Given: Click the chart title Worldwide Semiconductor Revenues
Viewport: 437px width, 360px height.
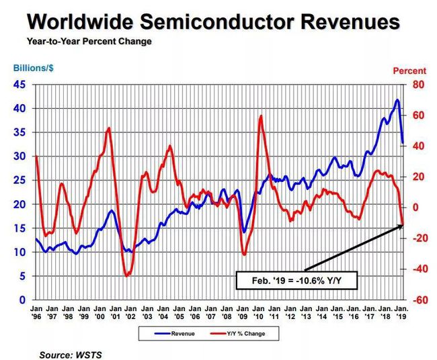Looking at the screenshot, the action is (x=214, y=21).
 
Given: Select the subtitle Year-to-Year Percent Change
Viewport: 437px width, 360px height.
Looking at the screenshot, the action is (x=89, y=42).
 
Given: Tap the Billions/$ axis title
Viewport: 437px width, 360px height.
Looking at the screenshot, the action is (x=34, y=69).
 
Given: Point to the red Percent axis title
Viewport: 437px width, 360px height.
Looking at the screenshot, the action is (x=409, y=71).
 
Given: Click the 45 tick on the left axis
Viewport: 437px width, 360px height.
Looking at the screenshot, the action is (x=19, y=85).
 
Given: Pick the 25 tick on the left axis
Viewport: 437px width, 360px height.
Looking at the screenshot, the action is (x=19, y=180).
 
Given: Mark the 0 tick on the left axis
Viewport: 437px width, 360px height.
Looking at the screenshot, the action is (x=22, y=300).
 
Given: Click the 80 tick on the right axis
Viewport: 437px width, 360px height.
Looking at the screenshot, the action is (x=418, y=85).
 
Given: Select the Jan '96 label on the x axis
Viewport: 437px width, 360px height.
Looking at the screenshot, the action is (x=36, y=312).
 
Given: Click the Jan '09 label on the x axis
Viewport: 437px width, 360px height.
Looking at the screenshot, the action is (x=243, y=312).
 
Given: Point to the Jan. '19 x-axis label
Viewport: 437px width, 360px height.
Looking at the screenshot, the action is (x=401, y=312).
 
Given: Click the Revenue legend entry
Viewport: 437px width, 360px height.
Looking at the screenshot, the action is (x=175, y=334).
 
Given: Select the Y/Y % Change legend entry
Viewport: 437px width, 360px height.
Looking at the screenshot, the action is (x=238, y=334).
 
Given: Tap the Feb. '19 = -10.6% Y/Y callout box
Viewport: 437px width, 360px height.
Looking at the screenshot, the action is (x=296, y=280).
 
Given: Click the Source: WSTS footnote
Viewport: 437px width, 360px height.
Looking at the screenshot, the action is (x=71, y=355).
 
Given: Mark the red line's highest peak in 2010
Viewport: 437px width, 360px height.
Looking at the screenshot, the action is (x=261, y=116).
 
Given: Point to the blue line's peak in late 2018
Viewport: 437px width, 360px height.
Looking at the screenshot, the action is (x=397, y=99).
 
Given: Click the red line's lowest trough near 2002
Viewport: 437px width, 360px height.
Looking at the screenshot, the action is (x=126, y=275).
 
